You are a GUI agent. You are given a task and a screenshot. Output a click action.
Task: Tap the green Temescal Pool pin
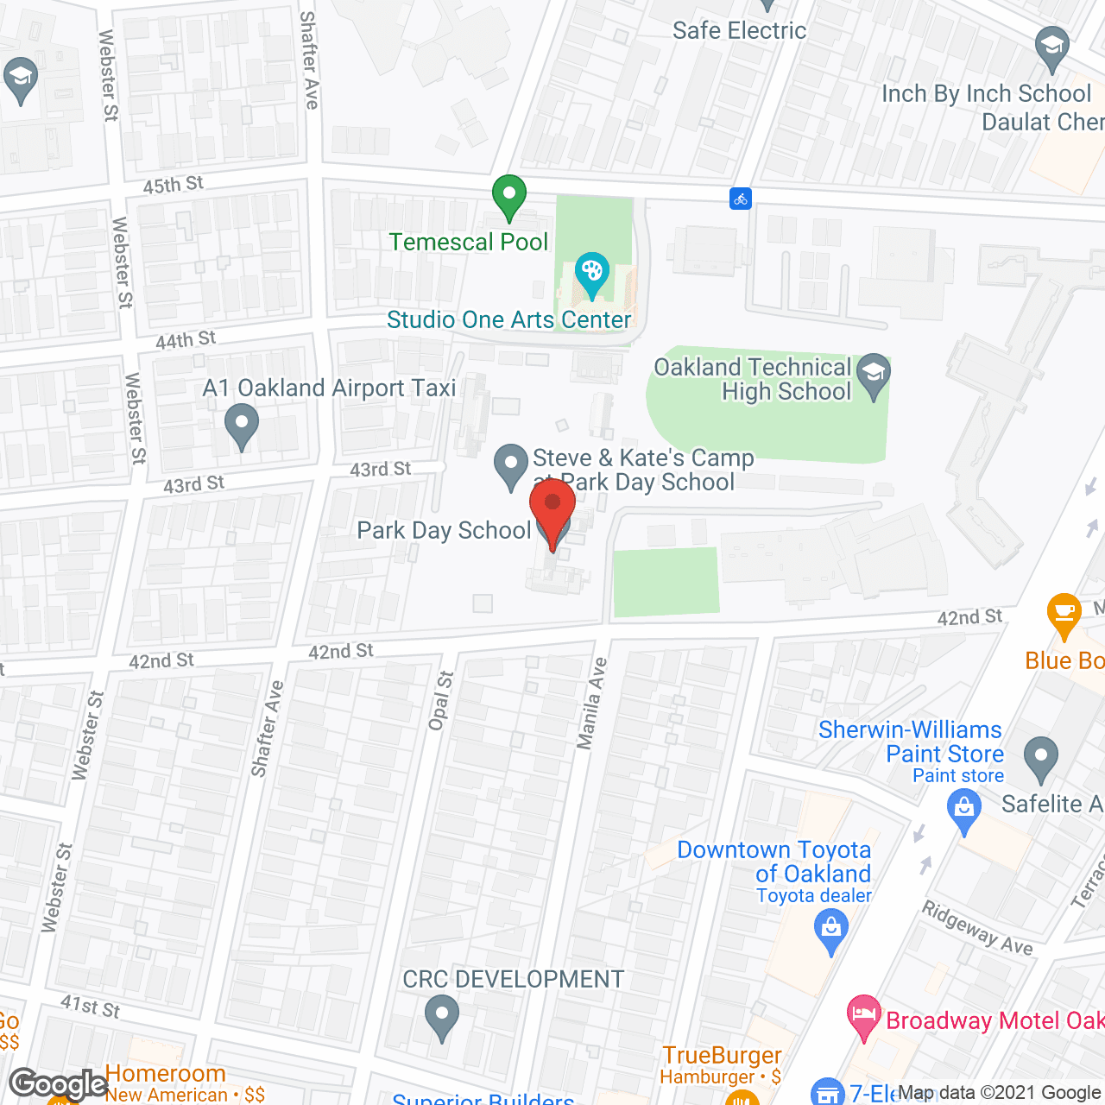click(509, 196)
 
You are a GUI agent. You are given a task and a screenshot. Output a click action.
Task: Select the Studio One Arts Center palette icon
click(591, 275)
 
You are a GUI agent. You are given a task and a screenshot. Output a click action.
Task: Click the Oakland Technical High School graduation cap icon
click(874, 376)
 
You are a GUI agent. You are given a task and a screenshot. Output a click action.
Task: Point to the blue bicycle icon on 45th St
click(740, 199)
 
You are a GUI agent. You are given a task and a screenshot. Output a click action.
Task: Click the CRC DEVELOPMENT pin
click(442, 1016)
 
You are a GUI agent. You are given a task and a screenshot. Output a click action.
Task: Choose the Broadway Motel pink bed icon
click(863, 1016)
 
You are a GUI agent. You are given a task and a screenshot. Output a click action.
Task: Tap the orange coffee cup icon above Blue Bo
click(1064, 615)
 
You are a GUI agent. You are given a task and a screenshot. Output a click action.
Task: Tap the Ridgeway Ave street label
click(977, 927)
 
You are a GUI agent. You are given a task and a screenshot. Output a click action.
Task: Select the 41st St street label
click(91, 1006)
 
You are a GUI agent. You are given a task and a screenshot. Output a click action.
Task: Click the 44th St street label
click(186, 340)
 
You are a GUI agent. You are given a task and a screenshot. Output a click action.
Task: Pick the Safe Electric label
click(739, 31)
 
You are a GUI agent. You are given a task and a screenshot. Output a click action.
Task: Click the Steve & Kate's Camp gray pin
click(510, 465)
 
